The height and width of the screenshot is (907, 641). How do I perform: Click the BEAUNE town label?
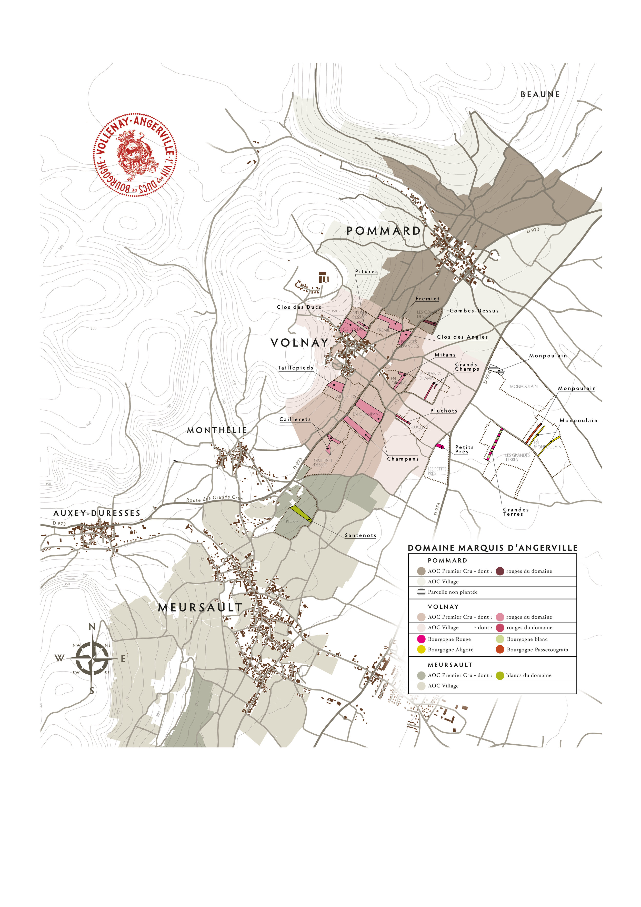[540, 94]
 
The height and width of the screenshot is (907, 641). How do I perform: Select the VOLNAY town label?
[299, 343]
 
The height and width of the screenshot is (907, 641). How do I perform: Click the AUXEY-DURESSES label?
[97, 513]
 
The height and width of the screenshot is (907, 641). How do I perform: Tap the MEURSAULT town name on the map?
[200, 608]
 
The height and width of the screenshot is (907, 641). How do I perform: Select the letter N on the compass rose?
[92, 627]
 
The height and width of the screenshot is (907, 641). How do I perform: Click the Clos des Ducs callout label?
[299, 307]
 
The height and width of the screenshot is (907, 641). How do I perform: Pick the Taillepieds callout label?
[295, 368]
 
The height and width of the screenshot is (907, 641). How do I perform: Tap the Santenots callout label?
[360, 535]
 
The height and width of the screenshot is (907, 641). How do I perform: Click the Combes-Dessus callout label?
[474, 311]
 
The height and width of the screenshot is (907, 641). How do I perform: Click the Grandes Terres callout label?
[515, 512]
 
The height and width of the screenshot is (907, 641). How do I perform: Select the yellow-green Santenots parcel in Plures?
[301, 514]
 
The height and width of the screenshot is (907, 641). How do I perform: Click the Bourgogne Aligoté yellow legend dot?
[421, 649]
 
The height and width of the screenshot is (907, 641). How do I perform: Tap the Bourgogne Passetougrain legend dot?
[500, 649]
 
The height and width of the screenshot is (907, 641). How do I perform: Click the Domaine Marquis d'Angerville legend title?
[492, 548]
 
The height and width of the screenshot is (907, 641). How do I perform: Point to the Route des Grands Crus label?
[214, 499]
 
